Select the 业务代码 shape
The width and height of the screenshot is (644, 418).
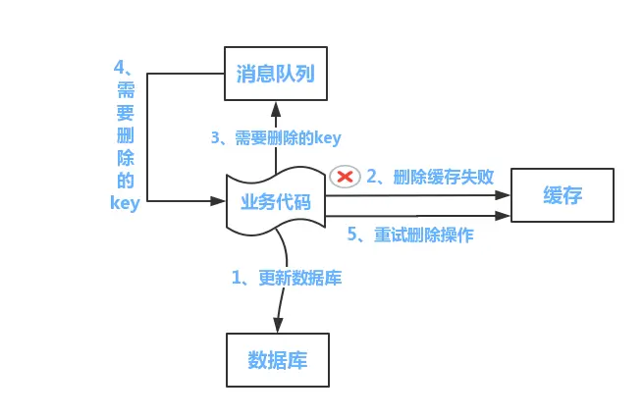point(276,203)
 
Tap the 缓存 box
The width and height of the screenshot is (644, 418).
point(563,195)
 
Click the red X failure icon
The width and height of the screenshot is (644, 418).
point(345,177)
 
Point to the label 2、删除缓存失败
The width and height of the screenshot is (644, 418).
point(429,177)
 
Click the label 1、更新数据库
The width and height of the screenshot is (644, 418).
point(287,278)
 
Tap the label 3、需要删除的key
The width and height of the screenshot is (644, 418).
point(276,138)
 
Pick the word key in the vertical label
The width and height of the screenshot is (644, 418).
point(126,203)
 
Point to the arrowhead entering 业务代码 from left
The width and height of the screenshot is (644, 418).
point(220,200)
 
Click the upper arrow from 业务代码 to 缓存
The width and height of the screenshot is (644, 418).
point(422,195)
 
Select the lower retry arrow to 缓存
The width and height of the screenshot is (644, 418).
point(422,215)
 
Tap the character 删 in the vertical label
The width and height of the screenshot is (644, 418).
point(126,135)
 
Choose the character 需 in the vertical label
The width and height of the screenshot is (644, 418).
point(126,90)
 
